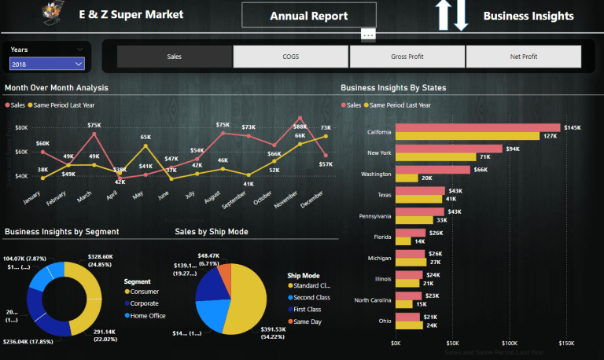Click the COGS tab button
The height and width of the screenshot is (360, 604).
coord(290,57)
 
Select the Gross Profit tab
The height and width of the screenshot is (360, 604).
coord(407,57)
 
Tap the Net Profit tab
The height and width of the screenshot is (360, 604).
coord(523,57)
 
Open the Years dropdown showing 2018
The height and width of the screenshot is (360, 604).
coord(46,64)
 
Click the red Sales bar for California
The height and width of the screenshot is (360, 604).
coord(477,127)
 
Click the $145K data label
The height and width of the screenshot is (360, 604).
coord(572,127)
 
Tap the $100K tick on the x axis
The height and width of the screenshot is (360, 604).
coord(509,343)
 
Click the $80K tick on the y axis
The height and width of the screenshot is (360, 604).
coord(21,127)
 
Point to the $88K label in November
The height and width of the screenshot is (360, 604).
coord(300,127)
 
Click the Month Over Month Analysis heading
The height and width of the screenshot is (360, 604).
coord(57,88)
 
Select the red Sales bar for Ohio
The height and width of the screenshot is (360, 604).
coord(407,316)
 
